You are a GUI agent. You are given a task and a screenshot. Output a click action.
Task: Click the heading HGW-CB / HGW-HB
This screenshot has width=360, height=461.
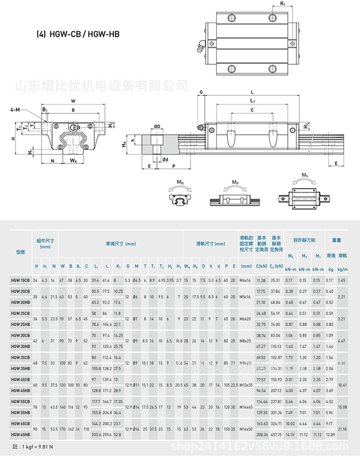78,34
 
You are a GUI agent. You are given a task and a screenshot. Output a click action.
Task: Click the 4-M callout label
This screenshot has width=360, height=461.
15,110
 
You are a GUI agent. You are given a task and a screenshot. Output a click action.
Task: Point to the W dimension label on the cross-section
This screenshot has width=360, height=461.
73,101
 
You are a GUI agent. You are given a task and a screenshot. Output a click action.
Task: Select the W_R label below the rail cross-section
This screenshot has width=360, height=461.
72,160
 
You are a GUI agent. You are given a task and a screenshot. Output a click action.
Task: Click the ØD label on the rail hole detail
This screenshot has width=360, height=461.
157,127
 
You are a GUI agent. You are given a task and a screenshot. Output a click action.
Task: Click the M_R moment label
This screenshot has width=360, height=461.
180,182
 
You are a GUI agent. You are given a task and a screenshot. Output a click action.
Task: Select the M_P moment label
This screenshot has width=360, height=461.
235,182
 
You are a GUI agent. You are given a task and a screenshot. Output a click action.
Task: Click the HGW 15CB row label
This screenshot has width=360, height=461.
20,280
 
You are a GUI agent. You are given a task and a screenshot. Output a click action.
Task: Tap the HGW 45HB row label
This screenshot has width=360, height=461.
20,390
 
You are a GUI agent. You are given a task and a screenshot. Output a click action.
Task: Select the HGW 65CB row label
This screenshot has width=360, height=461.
20,424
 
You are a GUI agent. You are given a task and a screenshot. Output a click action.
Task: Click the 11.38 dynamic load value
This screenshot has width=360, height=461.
261,280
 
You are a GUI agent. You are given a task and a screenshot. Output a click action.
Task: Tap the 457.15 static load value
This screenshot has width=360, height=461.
276,435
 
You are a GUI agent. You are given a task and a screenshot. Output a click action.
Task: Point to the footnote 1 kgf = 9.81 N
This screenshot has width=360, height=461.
34,447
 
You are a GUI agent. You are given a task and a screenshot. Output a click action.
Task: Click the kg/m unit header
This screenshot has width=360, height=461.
342,266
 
